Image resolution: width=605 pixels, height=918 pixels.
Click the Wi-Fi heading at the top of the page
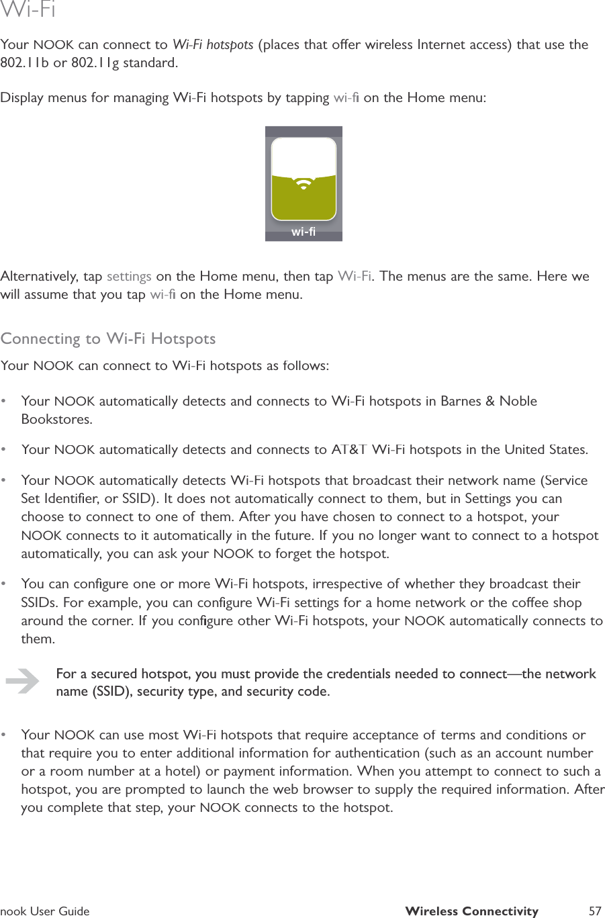pos(28,11)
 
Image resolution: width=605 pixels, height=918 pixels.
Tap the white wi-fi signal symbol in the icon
pos(304,183)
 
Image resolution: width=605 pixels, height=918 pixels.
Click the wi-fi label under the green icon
pos(304,232)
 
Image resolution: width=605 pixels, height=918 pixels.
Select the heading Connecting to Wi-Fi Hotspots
pos(108,338)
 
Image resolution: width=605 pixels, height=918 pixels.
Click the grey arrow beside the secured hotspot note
pos(22,682)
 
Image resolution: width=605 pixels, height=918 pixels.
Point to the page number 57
pos(594,911)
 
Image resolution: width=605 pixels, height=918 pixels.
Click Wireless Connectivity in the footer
pos(471,911)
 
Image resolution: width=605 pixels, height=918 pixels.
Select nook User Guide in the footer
pos(45,911)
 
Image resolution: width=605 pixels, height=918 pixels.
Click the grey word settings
pos(129,277)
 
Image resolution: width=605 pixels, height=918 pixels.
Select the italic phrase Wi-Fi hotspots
pos(213,45)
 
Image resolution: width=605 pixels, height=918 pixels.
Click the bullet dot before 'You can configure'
pos(5,584)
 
